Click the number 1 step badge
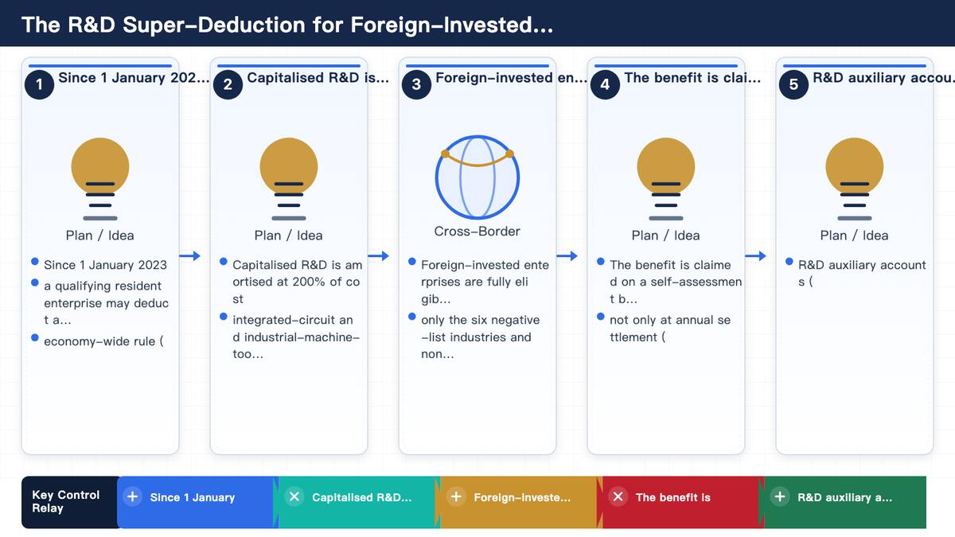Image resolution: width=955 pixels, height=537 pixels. [x=39, y=84]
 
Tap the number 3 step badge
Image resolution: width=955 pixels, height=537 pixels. [x=416, y=84]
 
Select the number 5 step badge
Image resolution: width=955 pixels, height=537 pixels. [x=793, y=84]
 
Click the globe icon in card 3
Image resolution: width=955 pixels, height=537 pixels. [x=477, y=177]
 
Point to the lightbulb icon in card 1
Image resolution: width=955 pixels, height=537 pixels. [x=100, y=178]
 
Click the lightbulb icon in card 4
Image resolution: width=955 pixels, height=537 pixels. [x=666, y=178]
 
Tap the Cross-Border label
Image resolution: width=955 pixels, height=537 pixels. [x=477, y=231]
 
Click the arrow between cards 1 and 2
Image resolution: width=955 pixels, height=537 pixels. [x=189, y=255]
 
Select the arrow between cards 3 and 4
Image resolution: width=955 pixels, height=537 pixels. [x=567, y=255]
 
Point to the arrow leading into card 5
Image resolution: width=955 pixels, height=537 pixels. [x=755, y=255]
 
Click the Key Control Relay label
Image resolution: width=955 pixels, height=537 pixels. [x=65, y=501]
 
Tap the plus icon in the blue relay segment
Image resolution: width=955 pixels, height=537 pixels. [x=133, y=497]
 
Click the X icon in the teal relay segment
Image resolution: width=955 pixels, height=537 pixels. [x=294, y=497]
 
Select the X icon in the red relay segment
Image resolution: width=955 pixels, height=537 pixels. [x=618, y=497]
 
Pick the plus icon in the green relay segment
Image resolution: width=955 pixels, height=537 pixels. [x=780, y=497]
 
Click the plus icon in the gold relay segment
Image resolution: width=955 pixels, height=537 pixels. [x=456, y=497]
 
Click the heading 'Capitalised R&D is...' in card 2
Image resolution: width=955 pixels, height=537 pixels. [x=318, y=78]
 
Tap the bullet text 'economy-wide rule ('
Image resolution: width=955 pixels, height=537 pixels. [x=103, y=341]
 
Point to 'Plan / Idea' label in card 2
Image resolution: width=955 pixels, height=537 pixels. [x=289, y=235]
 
